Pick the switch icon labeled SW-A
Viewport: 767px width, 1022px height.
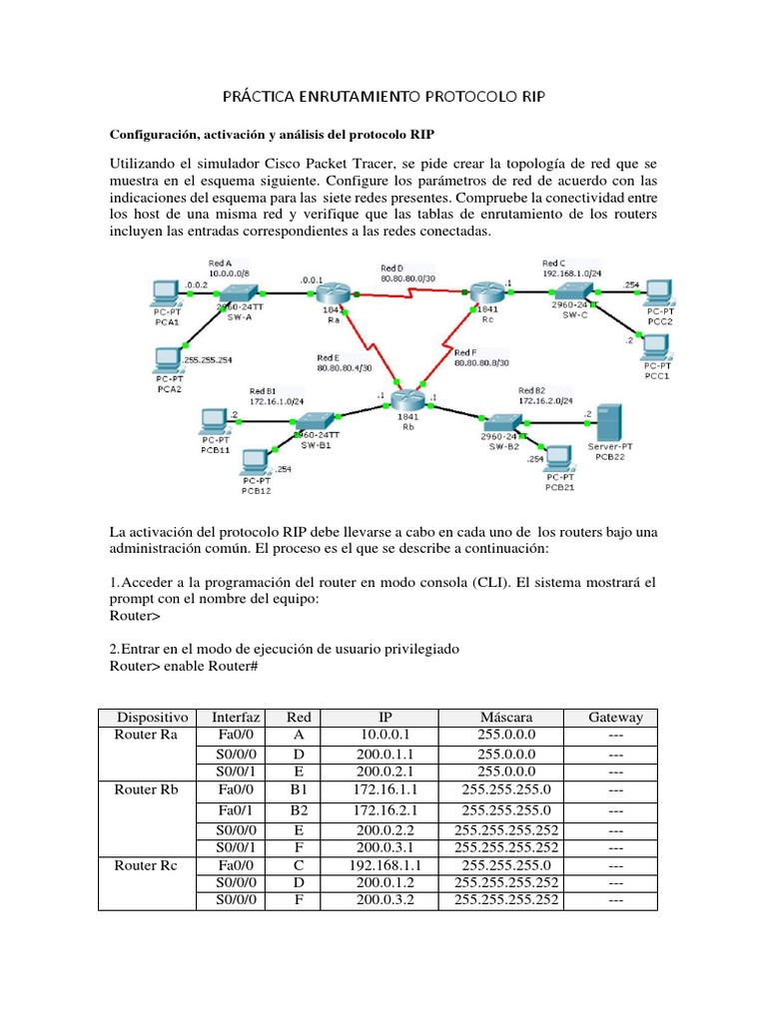tap(239, 291)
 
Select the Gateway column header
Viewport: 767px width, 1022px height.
tap(615, 717)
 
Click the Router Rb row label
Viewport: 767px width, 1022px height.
tap(147, 788)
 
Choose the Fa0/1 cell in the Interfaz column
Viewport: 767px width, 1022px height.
tap(237, 810)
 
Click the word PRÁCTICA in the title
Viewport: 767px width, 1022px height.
tap(260, 96)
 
